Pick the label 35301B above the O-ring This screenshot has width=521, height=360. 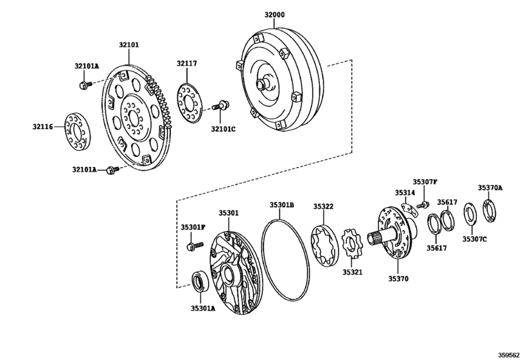tap(281, 205)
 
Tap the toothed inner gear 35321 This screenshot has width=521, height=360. tap(351, 247)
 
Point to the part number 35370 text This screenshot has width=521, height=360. tap(398, 279)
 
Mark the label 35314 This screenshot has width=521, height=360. tap(405, 192)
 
